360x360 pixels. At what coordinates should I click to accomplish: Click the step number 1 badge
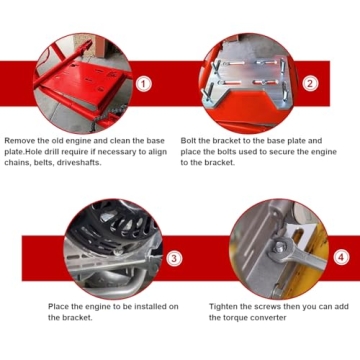[x=144, y=84]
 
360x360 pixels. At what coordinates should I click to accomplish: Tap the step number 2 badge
[x=310, y=83]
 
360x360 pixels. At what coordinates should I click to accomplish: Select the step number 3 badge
[x=174, y=258]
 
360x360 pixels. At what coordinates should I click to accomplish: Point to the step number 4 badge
[x=341, y=257]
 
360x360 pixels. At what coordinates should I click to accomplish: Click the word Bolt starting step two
[x=188, y=141]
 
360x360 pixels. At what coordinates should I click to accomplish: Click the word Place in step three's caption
[x=58, y=306]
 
